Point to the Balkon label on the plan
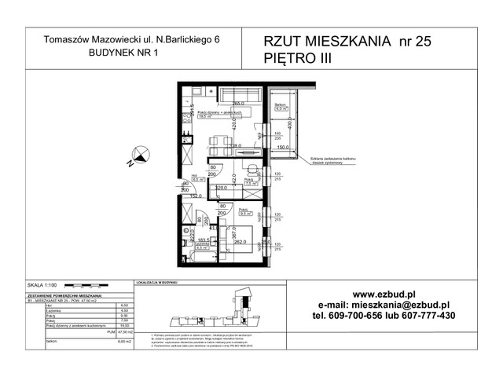coord(279,104)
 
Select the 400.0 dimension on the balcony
coord(288,123)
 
